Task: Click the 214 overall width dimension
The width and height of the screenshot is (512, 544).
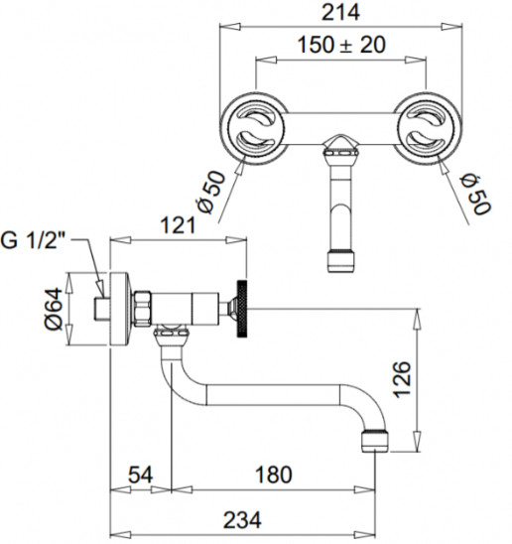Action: tap(340, 12)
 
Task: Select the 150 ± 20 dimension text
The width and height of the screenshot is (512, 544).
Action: tap(341, 45)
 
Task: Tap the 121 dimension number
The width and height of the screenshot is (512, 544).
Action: tap(179, 226)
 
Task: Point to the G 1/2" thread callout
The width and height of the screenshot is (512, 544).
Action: tap(34, 240)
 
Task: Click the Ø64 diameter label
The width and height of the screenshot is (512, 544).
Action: tap(55, 309)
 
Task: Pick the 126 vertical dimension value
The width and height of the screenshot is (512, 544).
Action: tap(402, 379)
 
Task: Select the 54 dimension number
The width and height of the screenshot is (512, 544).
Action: tap(141, 475)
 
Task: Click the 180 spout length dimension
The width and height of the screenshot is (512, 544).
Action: tap(274, 475)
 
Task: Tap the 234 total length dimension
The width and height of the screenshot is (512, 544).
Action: tap(242, 520)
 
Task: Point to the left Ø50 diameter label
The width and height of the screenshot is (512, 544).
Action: tap(210, 192)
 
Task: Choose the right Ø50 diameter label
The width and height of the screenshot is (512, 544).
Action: tap(475, 195)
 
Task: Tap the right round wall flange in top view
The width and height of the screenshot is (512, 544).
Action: tap(427, 128)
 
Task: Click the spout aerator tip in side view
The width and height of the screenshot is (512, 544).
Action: tap(375, 441)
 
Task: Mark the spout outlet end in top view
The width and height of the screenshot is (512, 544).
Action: tap(341, 260)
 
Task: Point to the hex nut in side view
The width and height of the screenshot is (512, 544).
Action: tap(143, 309)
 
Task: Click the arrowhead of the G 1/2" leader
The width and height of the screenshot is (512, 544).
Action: tap(101, 289)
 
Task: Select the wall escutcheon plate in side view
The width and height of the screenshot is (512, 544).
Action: tap(120, 309)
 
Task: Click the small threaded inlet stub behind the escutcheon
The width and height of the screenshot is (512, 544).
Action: tap(102, 309)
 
